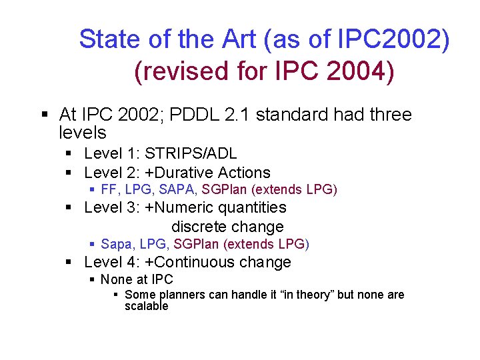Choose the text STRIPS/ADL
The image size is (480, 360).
point(191,154)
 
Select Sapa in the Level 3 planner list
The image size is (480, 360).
point(115,244)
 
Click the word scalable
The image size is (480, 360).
point(147,307)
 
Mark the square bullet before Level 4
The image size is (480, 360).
point(69,263)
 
